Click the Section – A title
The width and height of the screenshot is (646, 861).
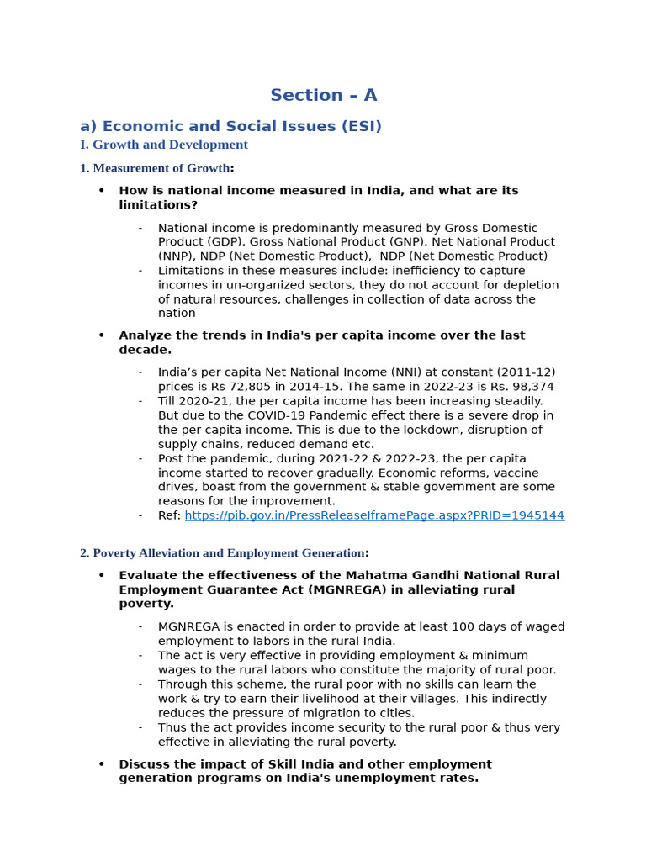323,95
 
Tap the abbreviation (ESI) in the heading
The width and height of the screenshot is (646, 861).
360,127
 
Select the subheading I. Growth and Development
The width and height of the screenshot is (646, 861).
164,145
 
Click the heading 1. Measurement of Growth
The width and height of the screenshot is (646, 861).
155,168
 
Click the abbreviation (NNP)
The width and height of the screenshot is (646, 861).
177,256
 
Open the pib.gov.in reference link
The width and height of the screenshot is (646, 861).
374,515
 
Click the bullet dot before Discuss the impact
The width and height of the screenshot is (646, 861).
102,764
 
